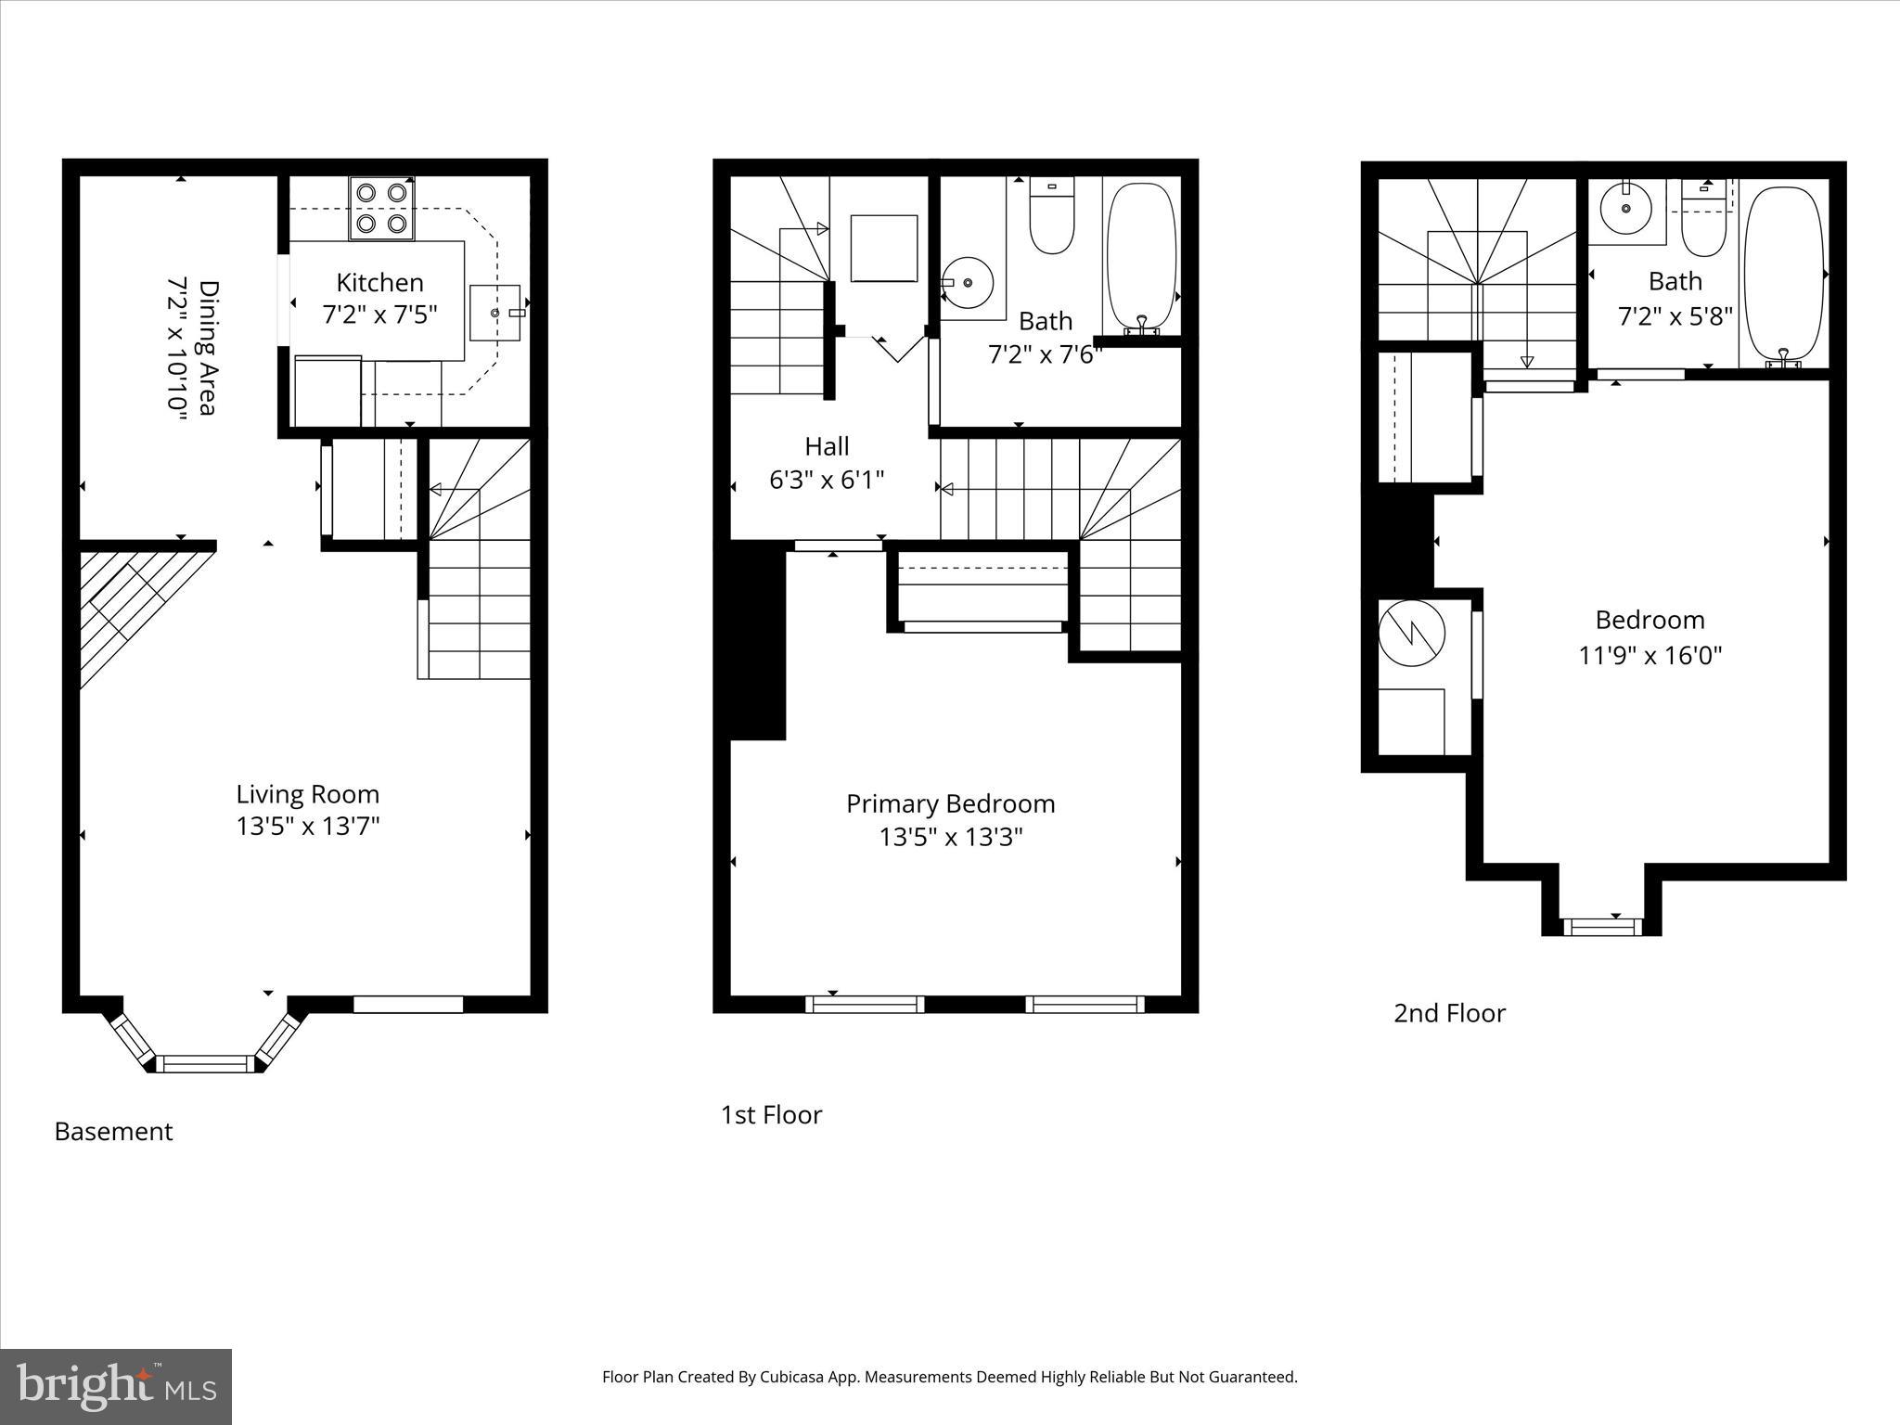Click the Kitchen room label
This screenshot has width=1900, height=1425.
tap(379, 282)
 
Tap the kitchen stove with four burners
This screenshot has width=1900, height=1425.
tap(381, 208)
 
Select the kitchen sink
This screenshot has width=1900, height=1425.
tap(495, 314)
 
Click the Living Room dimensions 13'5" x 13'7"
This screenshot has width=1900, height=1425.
tap(308, 826)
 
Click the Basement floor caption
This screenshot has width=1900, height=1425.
tap(113, 1132)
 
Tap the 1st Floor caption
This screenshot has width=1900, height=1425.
tap(771, 1115)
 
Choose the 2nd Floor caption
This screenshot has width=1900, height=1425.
tap(1449, 1013)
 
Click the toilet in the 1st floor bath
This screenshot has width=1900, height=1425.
tap(1052, 216)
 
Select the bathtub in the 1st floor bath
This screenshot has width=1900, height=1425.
tap(1142, 257)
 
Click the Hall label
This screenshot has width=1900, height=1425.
tap(827, 446)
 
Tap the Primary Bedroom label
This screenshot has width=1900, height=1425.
tap(951, 803)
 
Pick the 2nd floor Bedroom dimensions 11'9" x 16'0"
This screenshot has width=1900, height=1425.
tap(1650, 656)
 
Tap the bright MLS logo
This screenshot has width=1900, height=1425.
tap(116, 1387)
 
